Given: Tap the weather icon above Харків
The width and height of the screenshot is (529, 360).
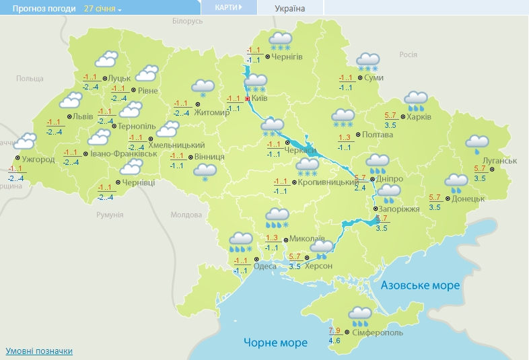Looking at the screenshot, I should click(x=417, y=100).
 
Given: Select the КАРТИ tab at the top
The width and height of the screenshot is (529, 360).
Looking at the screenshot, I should click(x=229, y=7).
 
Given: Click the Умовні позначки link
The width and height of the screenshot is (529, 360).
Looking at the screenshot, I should click(x=39, y=351).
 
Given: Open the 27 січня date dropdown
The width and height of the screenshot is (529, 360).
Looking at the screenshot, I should click(x=103, y=9).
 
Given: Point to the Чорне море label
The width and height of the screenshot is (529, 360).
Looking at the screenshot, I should click(x=275, y=343).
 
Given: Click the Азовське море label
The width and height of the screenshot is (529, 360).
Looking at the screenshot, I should click(x=420, y=286).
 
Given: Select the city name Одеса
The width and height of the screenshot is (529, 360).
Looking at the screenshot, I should click(x=264, y=266).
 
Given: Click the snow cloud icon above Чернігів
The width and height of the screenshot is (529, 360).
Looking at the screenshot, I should click(x=281, y=40).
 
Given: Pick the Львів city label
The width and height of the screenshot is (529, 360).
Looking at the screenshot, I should click(x=83, y=116).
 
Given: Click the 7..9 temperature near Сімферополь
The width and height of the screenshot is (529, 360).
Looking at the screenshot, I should click(x=334, y=331).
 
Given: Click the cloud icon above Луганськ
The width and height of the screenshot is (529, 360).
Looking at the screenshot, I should click(x=477, y=143).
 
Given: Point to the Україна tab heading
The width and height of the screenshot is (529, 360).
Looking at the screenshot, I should click(x=290, y=9).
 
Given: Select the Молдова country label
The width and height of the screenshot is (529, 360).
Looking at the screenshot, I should click(x=186, y=215).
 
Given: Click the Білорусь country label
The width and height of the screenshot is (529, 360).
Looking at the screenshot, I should click(x=187, y=22).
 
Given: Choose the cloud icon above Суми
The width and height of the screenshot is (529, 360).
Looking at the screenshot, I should click(x=367, y=61).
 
